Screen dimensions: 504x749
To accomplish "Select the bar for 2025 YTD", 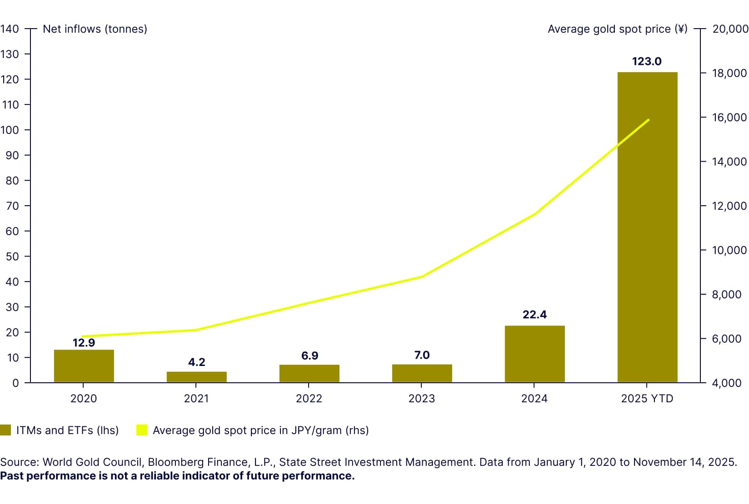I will coord(647,227).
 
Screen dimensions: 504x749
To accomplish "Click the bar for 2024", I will coord(534,354).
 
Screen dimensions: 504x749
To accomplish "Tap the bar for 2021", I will coord(196,377).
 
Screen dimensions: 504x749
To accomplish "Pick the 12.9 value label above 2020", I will coord(84,343).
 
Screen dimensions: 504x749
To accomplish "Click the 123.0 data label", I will coord(647,61).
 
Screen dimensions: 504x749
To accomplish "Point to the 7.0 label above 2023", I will coord(422,355).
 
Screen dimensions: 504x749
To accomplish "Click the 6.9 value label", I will coord(310,356).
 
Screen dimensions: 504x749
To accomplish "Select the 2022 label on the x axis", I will coord(309,399).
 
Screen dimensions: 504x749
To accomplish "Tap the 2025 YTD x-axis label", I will coord(647,399).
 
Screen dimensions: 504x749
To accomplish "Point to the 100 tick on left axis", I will coord(10,130).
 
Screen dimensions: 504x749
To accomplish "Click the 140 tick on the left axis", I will coord(10,29).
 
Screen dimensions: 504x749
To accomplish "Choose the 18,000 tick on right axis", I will coord(729,73).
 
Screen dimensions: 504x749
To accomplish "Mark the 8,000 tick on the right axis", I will coord(726,295).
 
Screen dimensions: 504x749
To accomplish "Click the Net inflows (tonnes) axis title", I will coord(95,29).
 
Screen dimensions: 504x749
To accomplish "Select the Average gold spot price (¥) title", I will coord(617,29).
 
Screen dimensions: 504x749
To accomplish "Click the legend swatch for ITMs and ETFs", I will coord(5,430).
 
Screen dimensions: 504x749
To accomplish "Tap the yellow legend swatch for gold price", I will coord(142,430).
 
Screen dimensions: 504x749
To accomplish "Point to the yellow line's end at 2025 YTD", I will coord(648,120).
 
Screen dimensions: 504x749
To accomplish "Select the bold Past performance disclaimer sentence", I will coord(177,476).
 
